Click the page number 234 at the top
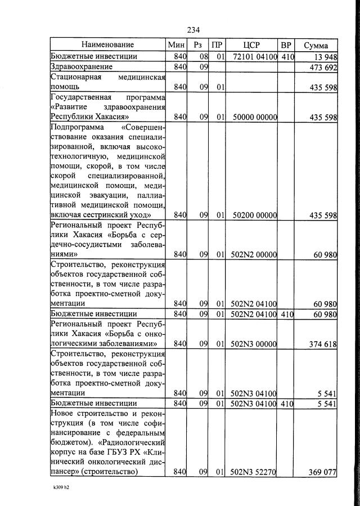point(194,30)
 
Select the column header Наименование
point(107,45)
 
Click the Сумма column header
point(316,45)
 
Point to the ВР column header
point(286,45)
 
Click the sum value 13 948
point(323,57)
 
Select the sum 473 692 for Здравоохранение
point(321,68)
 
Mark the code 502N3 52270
point(253,472)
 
